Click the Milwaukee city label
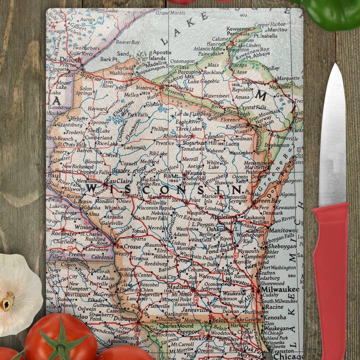(279, 289)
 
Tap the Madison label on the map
(178, 287)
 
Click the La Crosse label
(128, 246)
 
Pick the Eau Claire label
(118, 181)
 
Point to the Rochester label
(64, 233)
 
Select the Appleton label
(222, 217)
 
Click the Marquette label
(288, 78)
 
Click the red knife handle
(330, 280)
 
